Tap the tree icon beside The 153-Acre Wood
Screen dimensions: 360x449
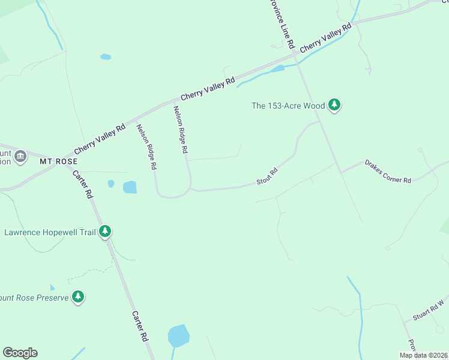click(x=335, y=106)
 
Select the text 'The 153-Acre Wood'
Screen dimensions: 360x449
click(x=288, y=106)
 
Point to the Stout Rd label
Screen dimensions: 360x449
click(x=267, y=176)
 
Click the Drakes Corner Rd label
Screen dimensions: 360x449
click(x=388, y=172)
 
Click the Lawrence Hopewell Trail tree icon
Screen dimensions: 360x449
click(x=105, y=232)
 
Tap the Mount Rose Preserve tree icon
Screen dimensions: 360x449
click(x=77, y=297)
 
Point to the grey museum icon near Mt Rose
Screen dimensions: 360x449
click(x=20, y=157)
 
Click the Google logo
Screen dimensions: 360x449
click(x=20, y=353)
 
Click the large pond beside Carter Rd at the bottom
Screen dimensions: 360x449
click(x=178, y=336)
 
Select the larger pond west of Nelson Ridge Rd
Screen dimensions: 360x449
click(x=130, y=187)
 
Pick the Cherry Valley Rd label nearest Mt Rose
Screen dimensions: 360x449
click(x=100, y=139)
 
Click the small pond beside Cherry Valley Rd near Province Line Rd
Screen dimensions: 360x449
click(x=277, y=69)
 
